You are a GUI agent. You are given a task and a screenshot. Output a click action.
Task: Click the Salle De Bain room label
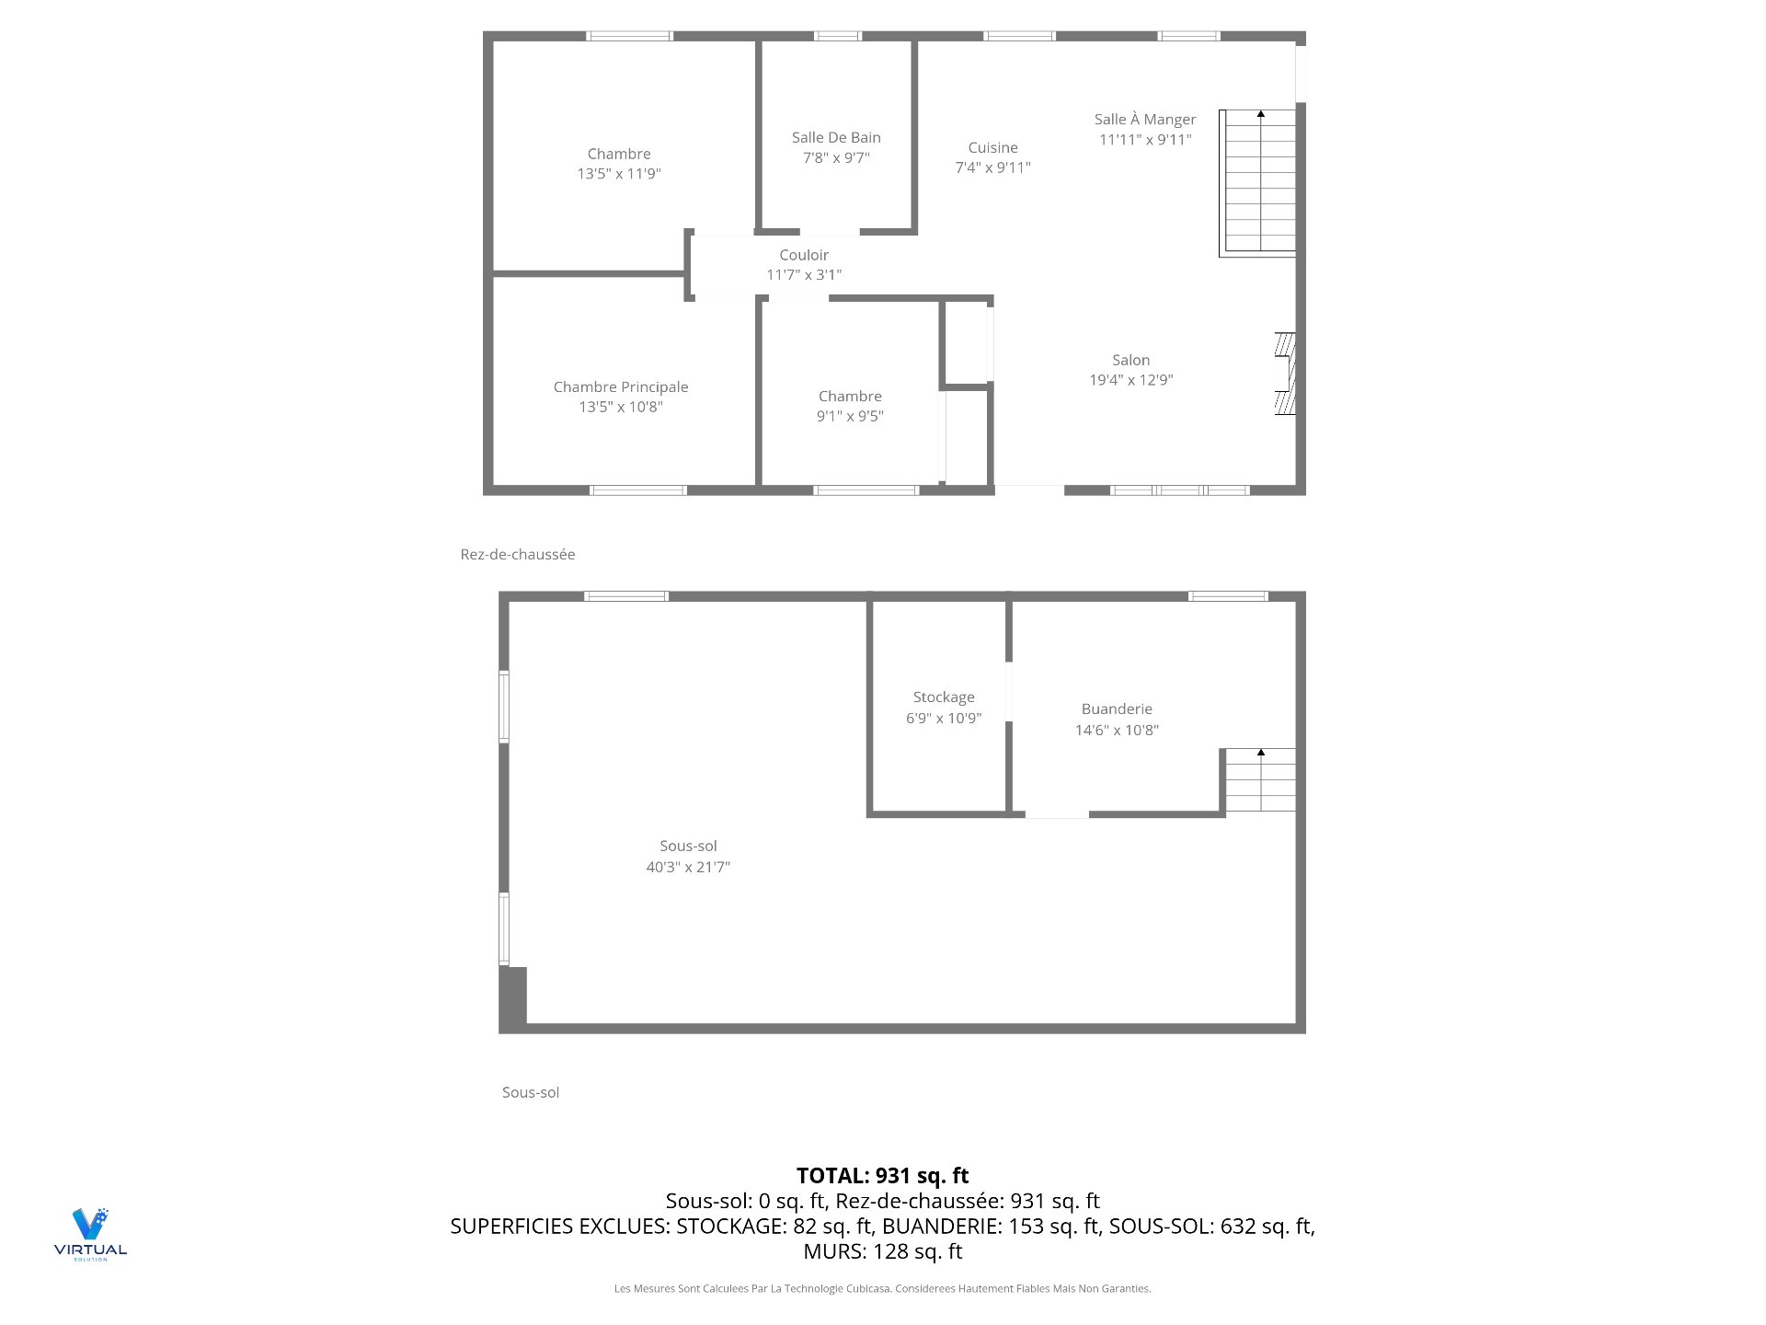[836, 137]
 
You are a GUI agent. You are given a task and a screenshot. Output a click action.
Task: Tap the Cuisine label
[992, 147]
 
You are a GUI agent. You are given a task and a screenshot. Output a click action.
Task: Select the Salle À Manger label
[1144, 120]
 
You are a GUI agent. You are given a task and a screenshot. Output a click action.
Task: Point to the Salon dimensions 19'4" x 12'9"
[1130, 380]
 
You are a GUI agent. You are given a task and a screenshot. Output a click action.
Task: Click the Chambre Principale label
[621, 387]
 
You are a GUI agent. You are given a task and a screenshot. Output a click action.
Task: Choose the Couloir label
[804, 255]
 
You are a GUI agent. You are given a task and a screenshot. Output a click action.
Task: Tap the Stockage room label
[944, 697]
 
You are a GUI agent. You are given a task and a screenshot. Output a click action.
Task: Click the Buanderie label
[1117, 709]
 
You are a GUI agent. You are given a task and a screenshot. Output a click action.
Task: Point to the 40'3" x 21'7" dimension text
[688, 867]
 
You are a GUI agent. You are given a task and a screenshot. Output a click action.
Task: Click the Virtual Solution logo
[90, 1233]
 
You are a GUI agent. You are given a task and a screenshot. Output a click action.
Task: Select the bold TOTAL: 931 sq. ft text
[882, 1176]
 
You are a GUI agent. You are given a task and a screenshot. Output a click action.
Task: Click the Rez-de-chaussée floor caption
[518, 554]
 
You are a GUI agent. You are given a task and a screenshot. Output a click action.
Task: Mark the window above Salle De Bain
[837, 36]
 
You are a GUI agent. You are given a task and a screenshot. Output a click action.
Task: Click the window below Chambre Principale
[638, 490]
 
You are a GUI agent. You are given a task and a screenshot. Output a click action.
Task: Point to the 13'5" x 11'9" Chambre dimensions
[619, 174]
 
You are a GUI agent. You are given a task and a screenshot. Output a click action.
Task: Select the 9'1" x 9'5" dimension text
[850, 416]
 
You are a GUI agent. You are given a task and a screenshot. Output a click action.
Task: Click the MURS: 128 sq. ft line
[882, 1251]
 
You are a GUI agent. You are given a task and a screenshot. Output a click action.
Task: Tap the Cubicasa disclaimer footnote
[882, 1289]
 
